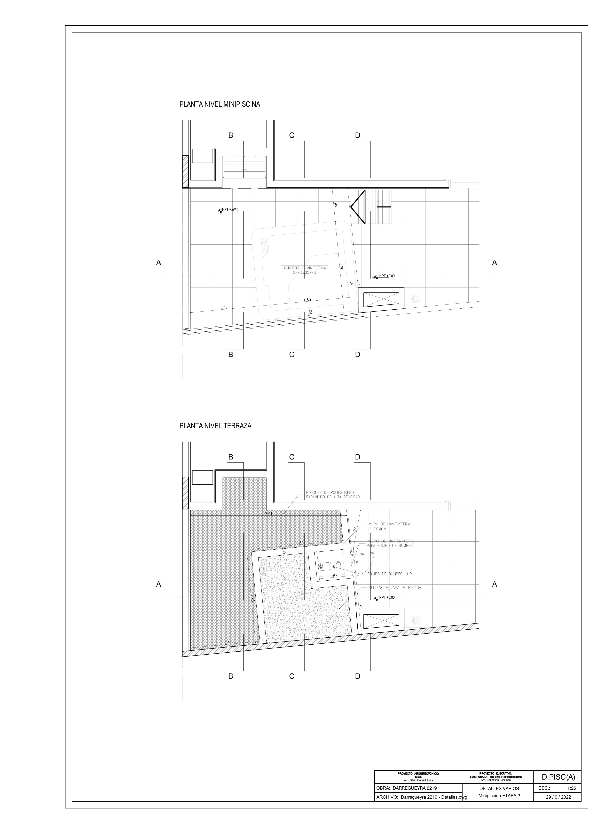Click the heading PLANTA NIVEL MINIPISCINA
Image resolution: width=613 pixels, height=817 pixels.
(219, 105)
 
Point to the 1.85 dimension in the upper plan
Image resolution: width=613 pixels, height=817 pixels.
(307, 300)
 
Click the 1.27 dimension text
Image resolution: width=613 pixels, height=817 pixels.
(224, 308)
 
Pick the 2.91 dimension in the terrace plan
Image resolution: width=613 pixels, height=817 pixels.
(268, 514)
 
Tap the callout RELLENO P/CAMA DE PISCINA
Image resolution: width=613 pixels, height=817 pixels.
(394, 587)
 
